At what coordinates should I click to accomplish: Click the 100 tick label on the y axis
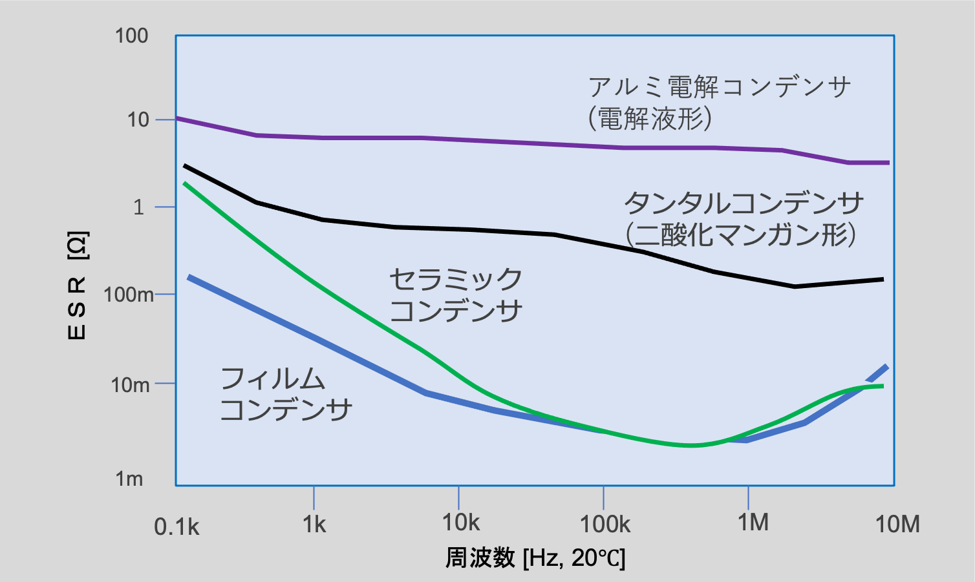[x=132, y=36]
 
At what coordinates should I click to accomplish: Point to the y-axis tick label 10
[x=138, y=120]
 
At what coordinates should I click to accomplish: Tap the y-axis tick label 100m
[x=129, y=295]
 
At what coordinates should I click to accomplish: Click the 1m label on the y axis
[x=129, y=479]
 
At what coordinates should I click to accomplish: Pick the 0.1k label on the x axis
[x=177, y=527]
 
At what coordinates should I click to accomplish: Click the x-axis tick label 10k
[x=460, y=523]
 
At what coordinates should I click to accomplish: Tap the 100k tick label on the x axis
[x=605, y=524]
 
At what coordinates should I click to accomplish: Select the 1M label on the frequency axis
[x=753, y=522]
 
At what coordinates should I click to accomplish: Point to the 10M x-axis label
[x=897, y=524]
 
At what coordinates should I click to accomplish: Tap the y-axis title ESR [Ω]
[x=78, y=285]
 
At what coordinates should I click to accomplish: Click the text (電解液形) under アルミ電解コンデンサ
[x=650, y=119]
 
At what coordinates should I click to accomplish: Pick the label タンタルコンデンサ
[x=744, y=203]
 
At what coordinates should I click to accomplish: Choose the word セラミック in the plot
[x=455, y=280]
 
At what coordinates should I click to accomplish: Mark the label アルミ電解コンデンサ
[x=719, y=87]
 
